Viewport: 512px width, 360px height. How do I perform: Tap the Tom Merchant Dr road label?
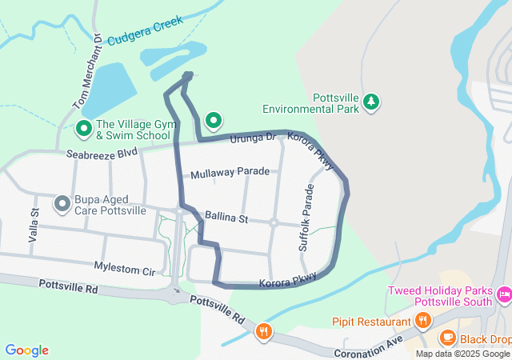point(89,71)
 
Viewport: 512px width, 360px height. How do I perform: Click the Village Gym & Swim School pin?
point(83,128)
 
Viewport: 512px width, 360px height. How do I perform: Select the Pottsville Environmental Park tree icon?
point(370,102)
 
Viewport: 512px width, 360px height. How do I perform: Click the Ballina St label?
point(227,217)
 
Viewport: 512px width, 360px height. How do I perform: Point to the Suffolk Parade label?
point(308,218)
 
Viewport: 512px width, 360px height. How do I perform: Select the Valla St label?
point(34,226)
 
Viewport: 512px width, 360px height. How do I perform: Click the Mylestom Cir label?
point(124,270)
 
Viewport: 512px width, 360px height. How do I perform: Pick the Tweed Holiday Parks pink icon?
point(504,296)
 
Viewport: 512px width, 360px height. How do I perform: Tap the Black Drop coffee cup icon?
point(447,338)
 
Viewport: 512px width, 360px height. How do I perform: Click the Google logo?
point(26,350)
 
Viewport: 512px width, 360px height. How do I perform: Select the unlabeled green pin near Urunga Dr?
point(214,121)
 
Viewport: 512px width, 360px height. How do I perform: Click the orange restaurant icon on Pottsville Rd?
point(263,330)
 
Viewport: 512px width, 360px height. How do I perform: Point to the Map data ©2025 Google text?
point(462,354)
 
